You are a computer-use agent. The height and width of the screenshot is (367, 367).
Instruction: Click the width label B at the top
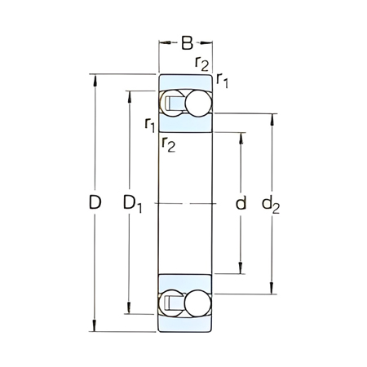(186, 42)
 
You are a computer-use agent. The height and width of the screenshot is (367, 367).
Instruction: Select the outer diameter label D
(95, 203)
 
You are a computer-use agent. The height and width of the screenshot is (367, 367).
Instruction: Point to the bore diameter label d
(241, 203)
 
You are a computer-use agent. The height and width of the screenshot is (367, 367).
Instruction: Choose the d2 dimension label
(272, 204)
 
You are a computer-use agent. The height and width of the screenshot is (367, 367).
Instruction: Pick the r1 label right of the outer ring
(223, 79)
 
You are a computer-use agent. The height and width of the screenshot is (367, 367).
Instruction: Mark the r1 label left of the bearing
(149, 124)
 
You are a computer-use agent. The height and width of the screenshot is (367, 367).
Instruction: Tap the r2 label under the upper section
(168, 145)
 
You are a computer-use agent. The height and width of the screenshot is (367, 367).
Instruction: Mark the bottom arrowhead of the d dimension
(241, 271)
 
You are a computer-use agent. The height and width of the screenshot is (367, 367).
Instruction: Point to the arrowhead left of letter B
(161, 42)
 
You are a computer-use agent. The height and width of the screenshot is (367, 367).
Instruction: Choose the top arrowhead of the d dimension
(241, 135)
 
